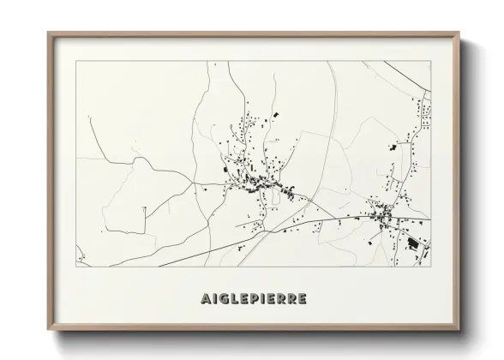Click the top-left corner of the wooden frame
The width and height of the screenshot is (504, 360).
48,33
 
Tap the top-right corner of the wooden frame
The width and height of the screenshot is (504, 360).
460,33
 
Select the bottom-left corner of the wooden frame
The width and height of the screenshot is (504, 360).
48,330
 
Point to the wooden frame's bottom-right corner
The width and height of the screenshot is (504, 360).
460,330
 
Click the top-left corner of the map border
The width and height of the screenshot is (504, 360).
76,61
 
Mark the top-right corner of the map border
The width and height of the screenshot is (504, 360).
431,61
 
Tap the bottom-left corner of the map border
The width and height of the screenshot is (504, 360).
76,263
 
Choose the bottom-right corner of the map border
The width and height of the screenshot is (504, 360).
431,263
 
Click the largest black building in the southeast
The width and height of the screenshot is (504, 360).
412,243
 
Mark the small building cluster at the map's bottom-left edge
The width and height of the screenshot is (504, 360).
81,255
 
